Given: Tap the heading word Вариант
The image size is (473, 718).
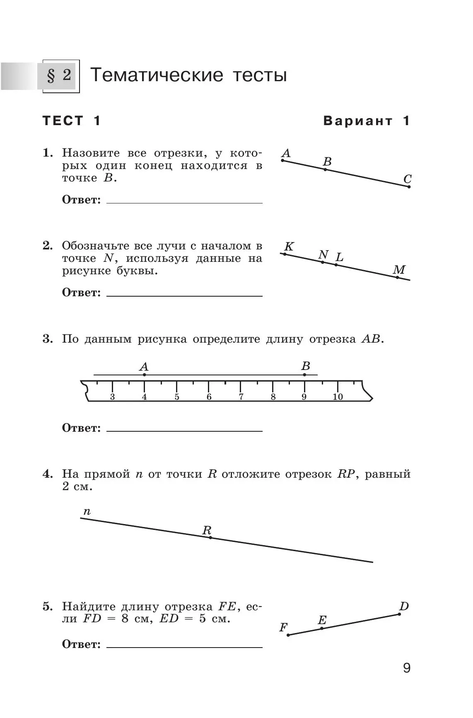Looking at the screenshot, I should click(358, 121).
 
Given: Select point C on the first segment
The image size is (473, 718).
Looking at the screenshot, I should click(409, 187).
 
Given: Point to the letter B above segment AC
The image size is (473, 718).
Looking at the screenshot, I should click(327, 162).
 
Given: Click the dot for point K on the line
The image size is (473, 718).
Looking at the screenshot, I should click(285, 254).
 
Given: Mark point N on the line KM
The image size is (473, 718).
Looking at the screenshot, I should click(323, 262).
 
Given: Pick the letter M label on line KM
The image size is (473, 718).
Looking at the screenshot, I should click(399, 270).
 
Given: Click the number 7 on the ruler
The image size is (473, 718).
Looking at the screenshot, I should click(241, 397).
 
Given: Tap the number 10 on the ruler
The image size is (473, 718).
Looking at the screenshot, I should click(338, 397).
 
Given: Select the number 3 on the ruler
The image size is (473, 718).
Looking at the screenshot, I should click(112, 397).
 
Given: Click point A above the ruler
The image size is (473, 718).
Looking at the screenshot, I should click(144, 375).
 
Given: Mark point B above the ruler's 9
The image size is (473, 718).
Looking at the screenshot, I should click(304, 375).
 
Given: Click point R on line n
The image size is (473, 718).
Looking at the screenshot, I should click(210, 537).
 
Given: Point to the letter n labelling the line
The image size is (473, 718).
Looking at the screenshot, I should click(87, 512).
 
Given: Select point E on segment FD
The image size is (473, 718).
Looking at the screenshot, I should click(322, 629).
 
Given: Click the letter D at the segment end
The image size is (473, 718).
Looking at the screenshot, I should click(404, 607).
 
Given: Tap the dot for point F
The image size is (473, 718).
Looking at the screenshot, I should click(288, 635).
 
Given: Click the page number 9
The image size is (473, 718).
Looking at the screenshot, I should click(406, 668).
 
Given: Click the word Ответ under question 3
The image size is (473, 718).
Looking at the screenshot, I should click(81, 428).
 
